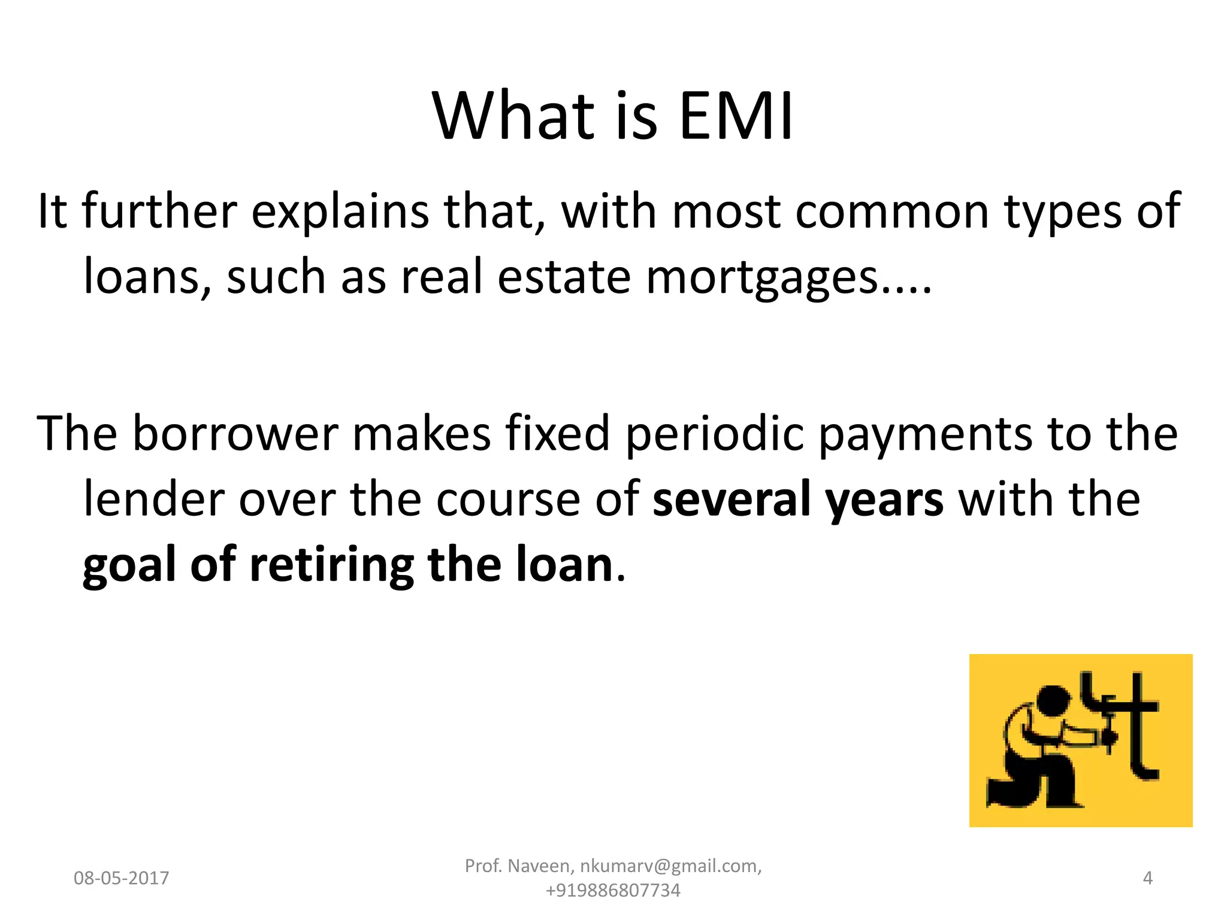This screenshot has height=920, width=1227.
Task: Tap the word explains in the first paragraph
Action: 340,212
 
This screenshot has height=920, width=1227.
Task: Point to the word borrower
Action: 235,433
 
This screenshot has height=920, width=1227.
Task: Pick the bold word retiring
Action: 331,566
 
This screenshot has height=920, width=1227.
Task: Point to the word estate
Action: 564,277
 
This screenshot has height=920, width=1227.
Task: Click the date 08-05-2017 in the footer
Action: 122,878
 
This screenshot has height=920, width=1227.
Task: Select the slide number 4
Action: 1147,878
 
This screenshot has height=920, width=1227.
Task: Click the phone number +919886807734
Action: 613,891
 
